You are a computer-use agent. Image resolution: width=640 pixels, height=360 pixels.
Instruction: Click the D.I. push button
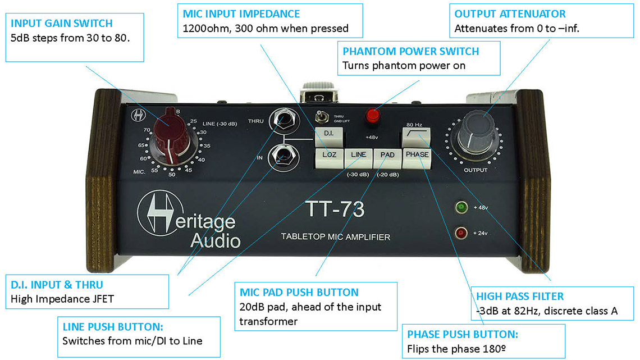click(x=328, y=134)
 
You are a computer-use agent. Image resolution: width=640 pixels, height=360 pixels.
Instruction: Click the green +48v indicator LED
click(x=463, y=208)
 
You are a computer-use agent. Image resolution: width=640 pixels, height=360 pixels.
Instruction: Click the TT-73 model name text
click(x=335, y=209)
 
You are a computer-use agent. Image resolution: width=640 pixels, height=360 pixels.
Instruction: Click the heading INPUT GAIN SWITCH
click(x=62, y=24)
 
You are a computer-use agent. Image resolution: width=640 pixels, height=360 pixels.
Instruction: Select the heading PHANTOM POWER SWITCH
click(x=410, y=51)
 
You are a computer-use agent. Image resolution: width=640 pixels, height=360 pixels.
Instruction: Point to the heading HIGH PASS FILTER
click(x=520, y=296)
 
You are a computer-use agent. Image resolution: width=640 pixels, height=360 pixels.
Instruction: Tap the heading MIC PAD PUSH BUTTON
click(x=299, y=292)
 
